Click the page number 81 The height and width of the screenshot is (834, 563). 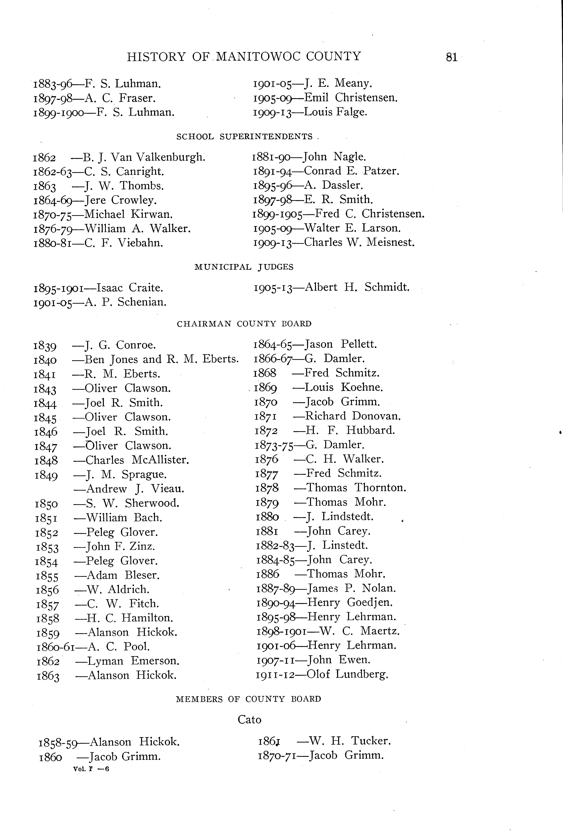coord(451,57)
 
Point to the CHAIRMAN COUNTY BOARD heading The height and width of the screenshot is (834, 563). coord(244,324)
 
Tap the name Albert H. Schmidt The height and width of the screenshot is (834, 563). coord(357,287)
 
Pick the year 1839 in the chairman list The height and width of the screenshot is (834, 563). coord(45,346)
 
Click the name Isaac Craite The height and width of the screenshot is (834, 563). coord(130,288)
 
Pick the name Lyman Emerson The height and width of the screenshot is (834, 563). coord(133,661)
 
